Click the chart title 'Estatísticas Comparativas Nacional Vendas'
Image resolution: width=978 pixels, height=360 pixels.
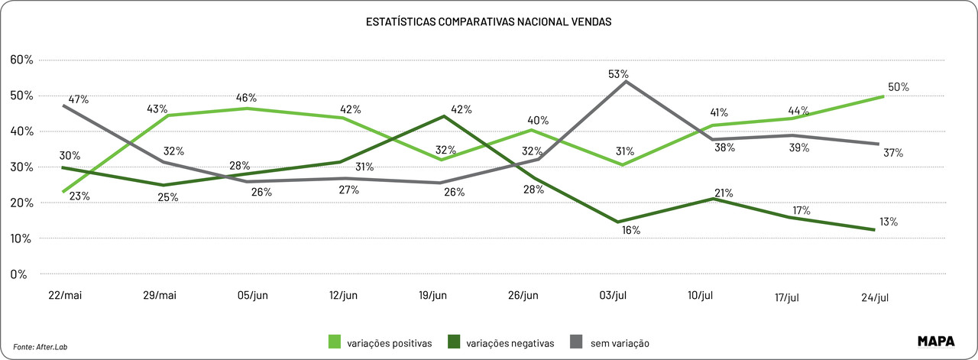488,22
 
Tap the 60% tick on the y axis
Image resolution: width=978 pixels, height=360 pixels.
21,60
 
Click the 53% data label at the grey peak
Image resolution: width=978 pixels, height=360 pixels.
619,74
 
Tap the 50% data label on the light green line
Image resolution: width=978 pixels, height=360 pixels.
899,87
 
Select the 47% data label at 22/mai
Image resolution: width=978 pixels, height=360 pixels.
79,99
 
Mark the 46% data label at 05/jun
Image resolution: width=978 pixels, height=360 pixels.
246,98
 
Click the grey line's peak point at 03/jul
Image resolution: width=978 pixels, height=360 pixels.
627,82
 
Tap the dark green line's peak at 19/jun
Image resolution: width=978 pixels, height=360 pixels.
444,116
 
